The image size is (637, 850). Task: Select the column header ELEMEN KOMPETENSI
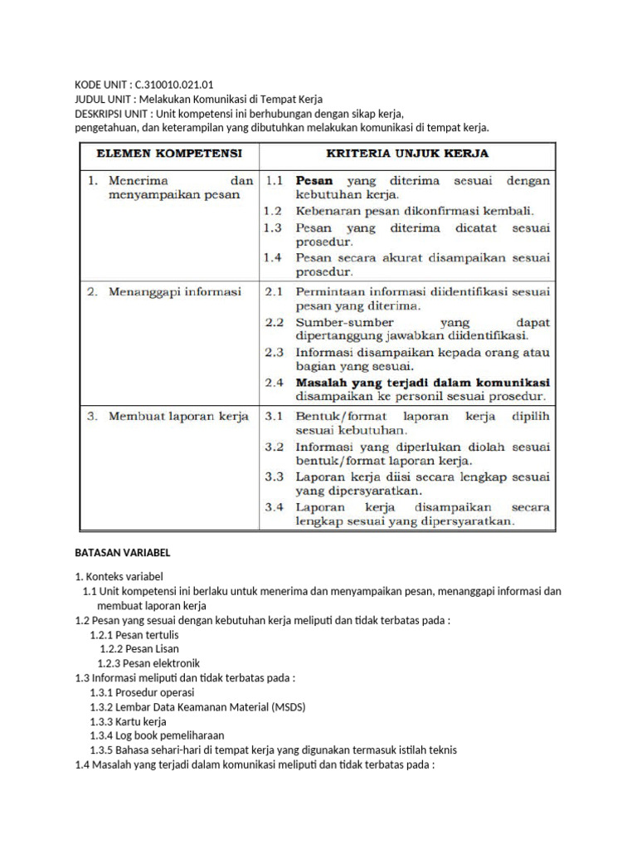pyautogui.click(x=169, y=154)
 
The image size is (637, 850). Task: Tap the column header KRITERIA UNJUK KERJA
pyautogui.click(x=406, y=154)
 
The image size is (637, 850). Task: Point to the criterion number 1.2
pyautogui.click(x=274, y=211)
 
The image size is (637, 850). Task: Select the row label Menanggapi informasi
pyautogui.click(x=175, y=292)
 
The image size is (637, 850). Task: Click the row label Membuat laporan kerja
pyautogui.click(x=178, y=417)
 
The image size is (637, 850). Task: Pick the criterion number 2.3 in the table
pyautogui.click(x=274, y=352)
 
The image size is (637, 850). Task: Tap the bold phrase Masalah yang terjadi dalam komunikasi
pyautogui.click(x=422, y=383)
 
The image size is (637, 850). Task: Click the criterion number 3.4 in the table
pyautogui.click(x=274, y=506)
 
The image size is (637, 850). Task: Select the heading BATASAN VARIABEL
pyautogui.click(x=122, y=553)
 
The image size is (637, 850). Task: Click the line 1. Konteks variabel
pyautogui.click(x=119, y=576)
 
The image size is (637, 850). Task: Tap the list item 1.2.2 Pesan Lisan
pyautogui.click(x=139, y=648)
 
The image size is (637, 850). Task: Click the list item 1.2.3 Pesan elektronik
pyautogui.click(x=148, y=663)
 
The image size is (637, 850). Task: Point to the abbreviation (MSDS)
pyautogui.click(x=274, y=706)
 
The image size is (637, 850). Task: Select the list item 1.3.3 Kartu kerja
pyautogui.click(x=128, y=721)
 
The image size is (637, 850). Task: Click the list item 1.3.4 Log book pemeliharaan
pyautogui.click(x=157, y=735)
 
